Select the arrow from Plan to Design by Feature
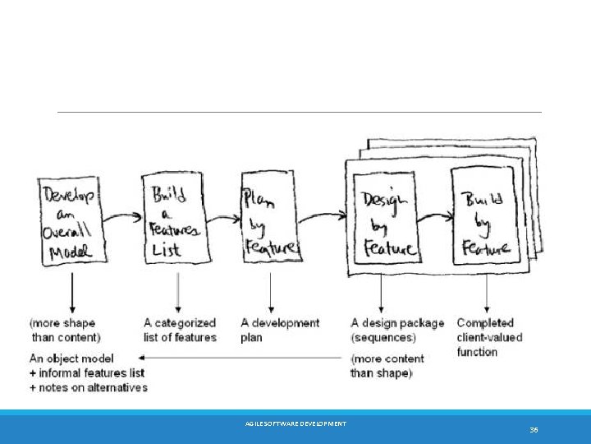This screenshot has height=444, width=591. (322, 218)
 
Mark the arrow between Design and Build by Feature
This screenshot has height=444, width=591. (433, 218)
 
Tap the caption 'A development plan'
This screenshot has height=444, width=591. (280, 330)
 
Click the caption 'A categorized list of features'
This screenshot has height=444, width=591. (180, 330)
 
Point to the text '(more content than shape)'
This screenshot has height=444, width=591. (387, 366)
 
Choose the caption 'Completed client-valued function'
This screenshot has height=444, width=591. (489, 337)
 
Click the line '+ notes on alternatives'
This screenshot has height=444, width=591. (89, 387)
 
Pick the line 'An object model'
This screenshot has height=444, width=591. (71, 358)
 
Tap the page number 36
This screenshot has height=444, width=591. (534, 429)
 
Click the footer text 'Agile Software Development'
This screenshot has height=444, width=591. (295, 423)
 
